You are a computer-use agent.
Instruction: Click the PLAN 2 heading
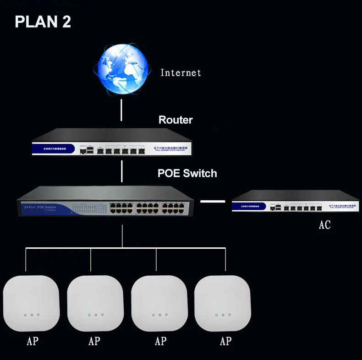click(43, 22)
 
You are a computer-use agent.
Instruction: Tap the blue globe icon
click(121, 68)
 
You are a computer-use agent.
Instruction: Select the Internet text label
click(181, 73)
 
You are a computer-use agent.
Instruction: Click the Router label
click(176, 120)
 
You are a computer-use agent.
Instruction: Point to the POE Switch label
click(187, 173)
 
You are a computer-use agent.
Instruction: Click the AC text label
click(324, 225)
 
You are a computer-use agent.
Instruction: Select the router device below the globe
click(112, 142)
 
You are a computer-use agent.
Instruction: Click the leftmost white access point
click(31, 304)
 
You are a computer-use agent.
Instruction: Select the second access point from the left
click(95, 304)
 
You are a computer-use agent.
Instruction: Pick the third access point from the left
click(159, 304)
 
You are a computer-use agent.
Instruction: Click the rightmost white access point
click(223, 304)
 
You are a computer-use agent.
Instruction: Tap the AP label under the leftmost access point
click(33, 341)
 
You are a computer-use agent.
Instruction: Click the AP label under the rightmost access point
click(225, 341)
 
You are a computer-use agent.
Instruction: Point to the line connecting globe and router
click(121, 109)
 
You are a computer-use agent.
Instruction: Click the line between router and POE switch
click(121, 170)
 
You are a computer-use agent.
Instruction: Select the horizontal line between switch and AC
click(213, 201)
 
